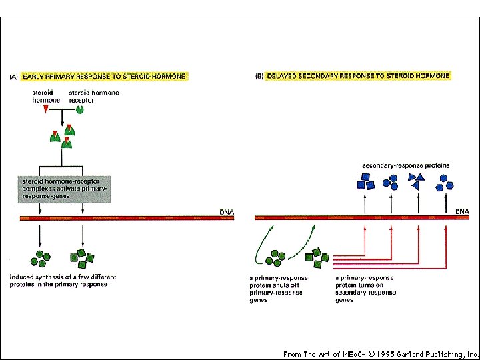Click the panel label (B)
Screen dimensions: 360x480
tap(260, 76)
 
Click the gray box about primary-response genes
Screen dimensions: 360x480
tap(63, 188)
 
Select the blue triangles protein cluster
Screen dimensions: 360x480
tap(417, 180)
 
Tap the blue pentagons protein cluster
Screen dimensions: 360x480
tap(444, 180)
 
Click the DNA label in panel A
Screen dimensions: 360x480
tap(227, 212)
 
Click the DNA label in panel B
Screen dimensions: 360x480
tap(463, 211)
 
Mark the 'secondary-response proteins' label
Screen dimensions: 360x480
tap(405, 165)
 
